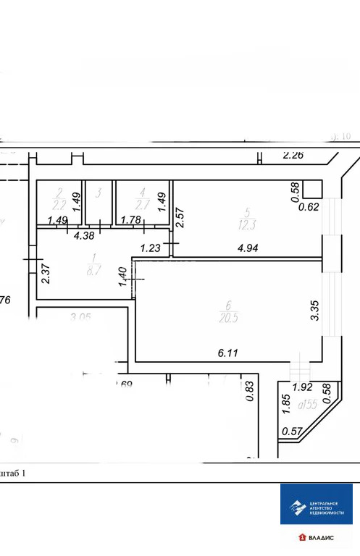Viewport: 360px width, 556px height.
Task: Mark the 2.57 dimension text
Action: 179,218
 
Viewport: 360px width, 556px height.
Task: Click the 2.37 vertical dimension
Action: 46,275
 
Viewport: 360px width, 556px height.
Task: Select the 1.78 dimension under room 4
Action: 131,220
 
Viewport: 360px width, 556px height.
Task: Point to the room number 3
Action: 99,193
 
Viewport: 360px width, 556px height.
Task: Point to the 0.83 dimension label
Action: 250,391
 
